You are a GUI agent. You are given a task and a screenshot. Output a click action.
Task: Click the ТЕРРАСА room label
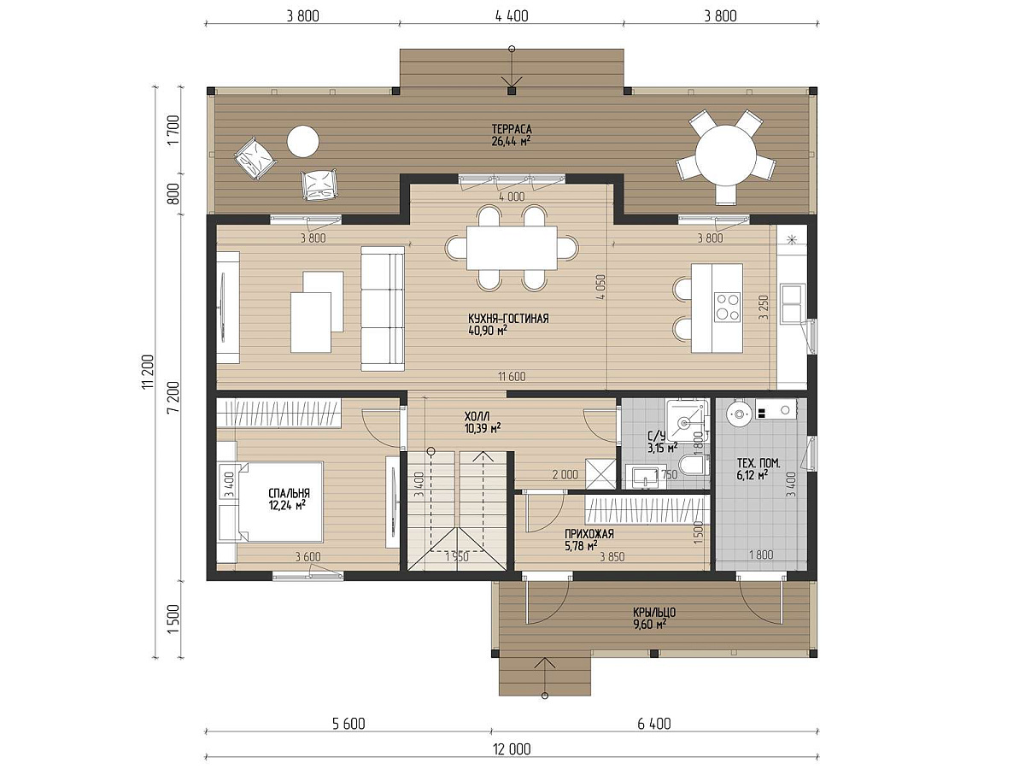512,129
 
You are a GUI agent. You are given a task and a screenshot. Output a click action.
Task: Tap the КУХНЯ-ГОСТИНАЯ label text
508,319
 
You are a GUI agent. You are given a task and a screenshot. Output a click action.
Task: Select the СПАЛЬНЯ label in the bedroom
289,494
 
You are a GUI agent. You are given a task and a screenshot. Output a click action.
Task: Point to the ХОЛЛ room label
477,415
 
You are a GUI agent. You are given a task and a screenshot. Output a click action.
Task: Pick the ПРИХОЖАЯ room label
589,534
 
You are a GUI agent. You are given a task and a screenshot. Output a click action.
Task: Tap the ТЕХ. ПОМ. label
758,463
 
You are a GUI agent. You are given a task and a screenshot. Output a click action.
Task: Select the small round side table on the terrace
302,142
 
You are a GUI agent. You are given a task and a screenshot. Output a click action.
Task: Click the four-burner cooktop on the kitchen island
728,306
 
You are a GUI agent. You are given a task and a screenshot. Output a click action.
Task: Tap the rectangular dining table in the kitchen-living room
512,248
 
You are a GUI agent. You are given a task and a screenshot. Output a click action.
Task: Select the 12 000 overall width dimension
512,749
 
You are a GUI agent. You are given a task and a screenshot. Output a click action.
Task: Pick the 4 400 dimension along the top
512,16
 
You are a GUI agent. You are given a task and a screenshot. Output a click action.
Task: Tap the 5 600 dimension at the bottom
348,725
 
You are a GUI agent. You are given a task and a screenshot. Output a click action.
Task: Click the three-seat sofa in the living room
383,308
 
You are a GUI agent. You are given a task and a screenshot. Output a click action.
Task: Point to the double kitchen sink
793,304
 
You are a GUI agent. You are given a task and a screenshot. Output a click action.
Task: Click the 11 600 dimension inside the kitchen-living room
512,376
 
